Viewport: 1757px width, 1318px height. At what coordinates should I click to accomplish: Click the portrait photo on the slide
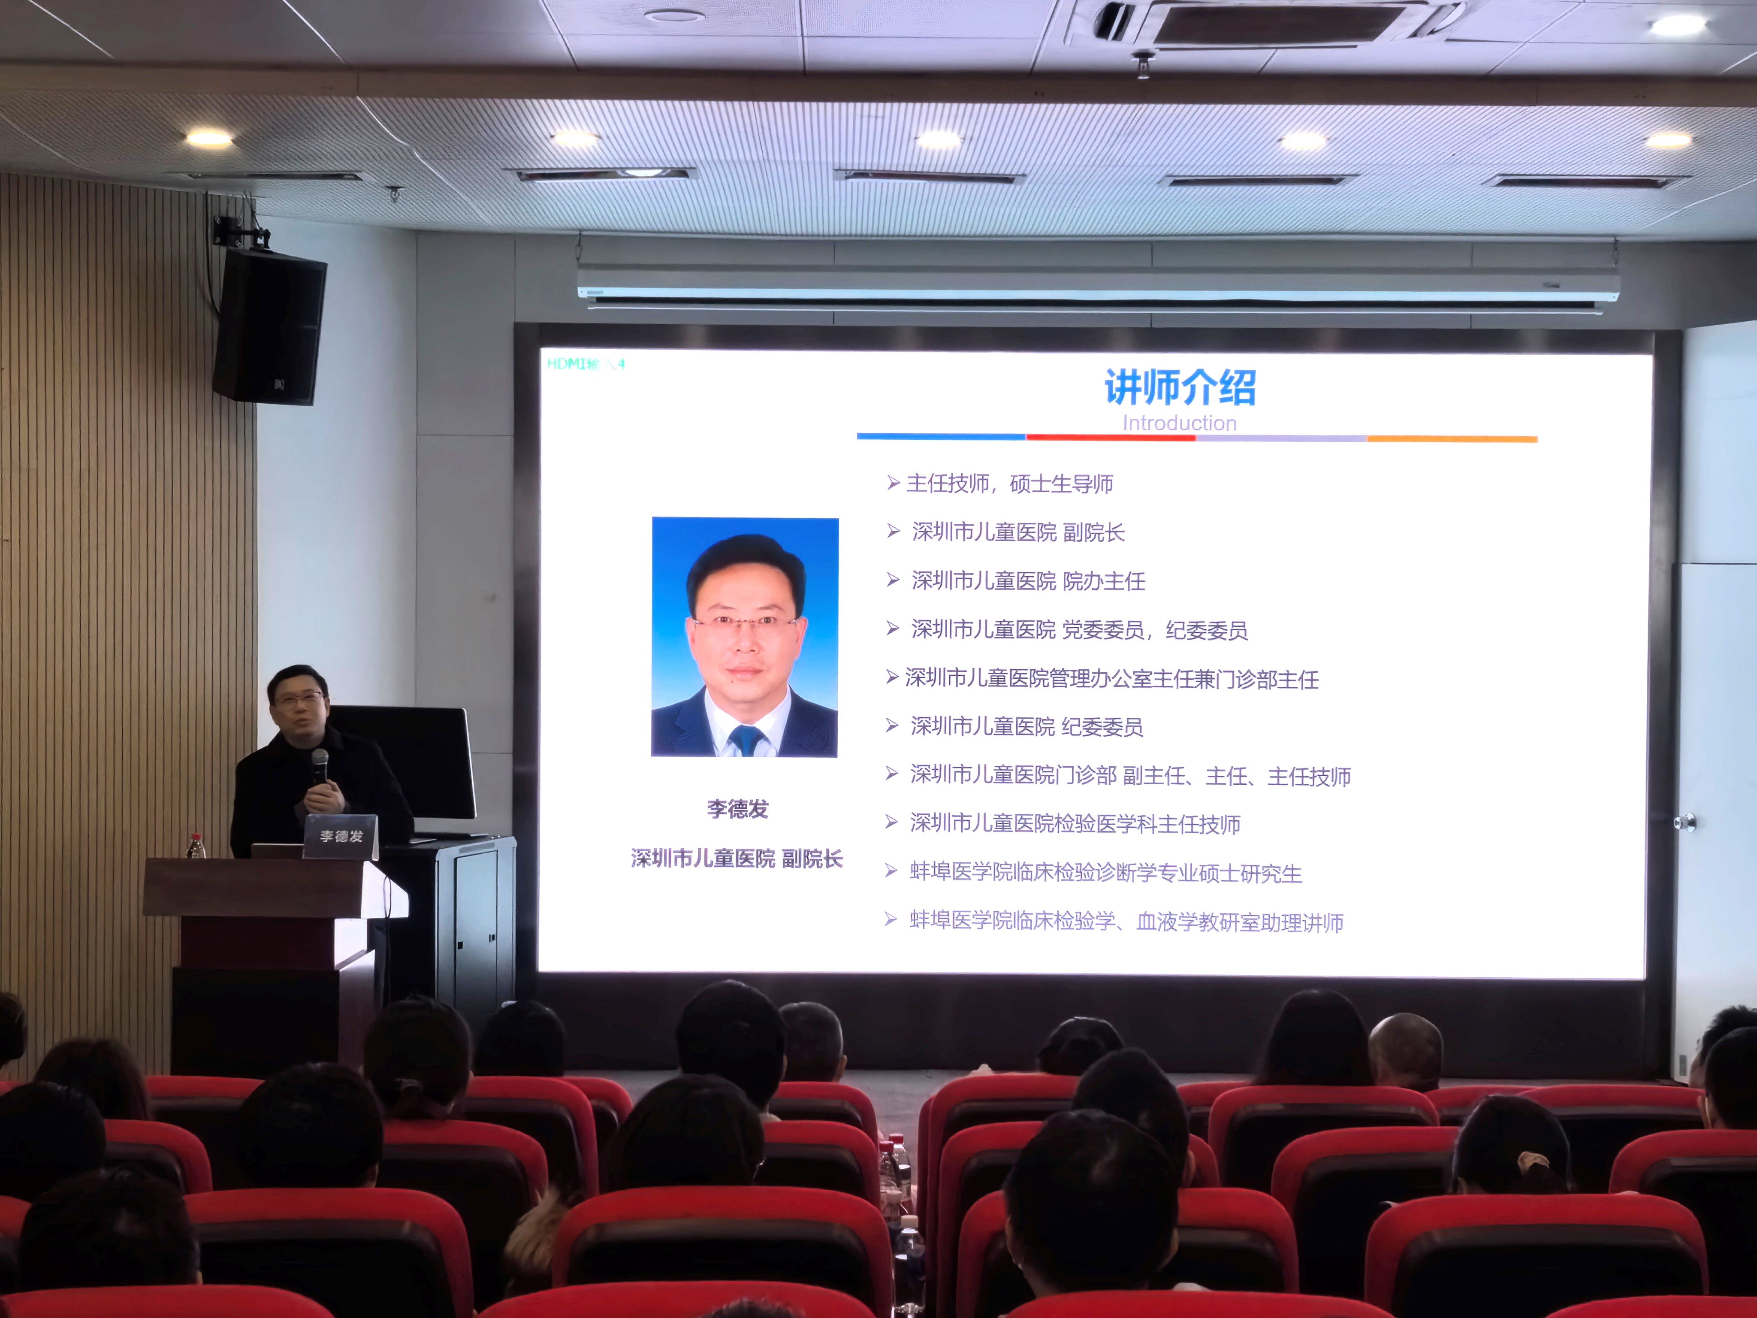pos(745,637)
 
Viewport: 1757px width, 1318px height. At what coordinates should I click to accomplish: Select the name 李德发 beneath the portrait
pos(738,809)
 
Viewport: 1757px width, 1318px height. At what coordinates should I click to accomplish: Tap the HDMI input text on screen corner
pos(586,364)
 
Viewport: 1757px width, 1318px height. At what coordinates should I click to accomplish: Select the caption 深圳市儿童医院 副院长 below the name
pos(737,859)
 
